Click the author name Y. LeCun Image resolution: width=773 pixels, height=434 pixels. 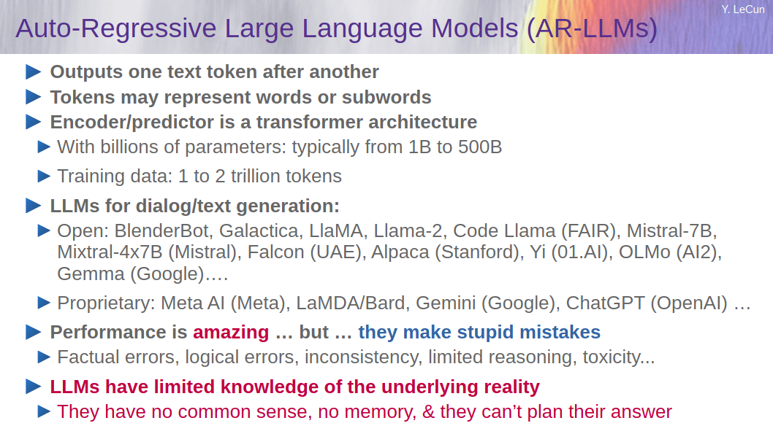pyautogui.click(x=742, y=9)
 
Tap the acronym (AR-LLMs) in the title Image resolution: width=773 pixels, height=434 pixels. pyautogui.click(x=592, y=28)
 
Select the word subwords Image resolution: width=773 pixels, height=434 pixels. pyautogui.click(x=386, y=98)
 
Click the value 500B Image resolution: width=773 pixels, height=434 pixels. pyautogui.click(x=480, y=147)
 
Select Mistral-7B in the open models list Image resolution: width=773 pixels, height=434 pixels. pyautogui.click(x=671, y=230)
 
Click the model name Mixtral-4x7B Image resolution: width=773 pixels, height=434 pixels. pyautogui.click(x=110, y=252)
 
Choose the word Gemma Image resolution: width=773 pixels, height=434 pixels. pyautogui.click(x=91, y=274)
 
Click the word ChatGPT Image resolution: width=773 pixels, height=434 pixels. pyautogui.click(x=605, y=303)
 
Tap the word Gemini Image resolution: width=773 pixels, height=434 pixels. pyautogui.click(x=446, y=303)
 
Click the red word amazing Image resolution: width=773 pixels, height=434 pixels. pyautogui.click(x=231, y=333)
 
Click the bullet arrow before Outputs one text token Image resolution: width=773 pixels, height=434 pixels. pyautogui.click(x=33, y=71)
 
